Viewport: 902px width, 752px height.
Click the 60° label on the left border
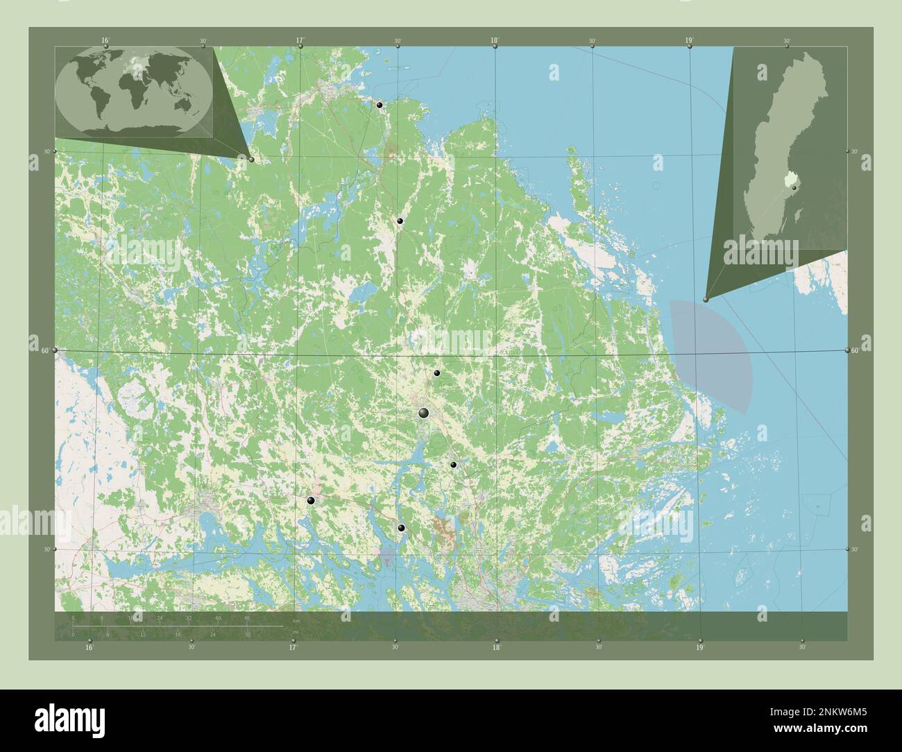[x=45, y=350]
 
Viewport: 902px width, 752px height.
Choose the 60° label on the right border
[x=856, y=351]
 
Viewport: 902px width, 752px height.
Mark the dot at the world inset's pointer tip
[x=251, y=160]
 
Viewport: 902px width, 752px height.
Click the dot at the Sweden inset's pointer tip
[x=706, y=299]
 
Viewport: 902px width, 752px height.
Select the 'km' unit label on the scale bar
[x=296, y=619]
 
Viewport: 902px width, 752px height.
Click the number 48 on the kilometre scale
[x=247, y=617]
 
